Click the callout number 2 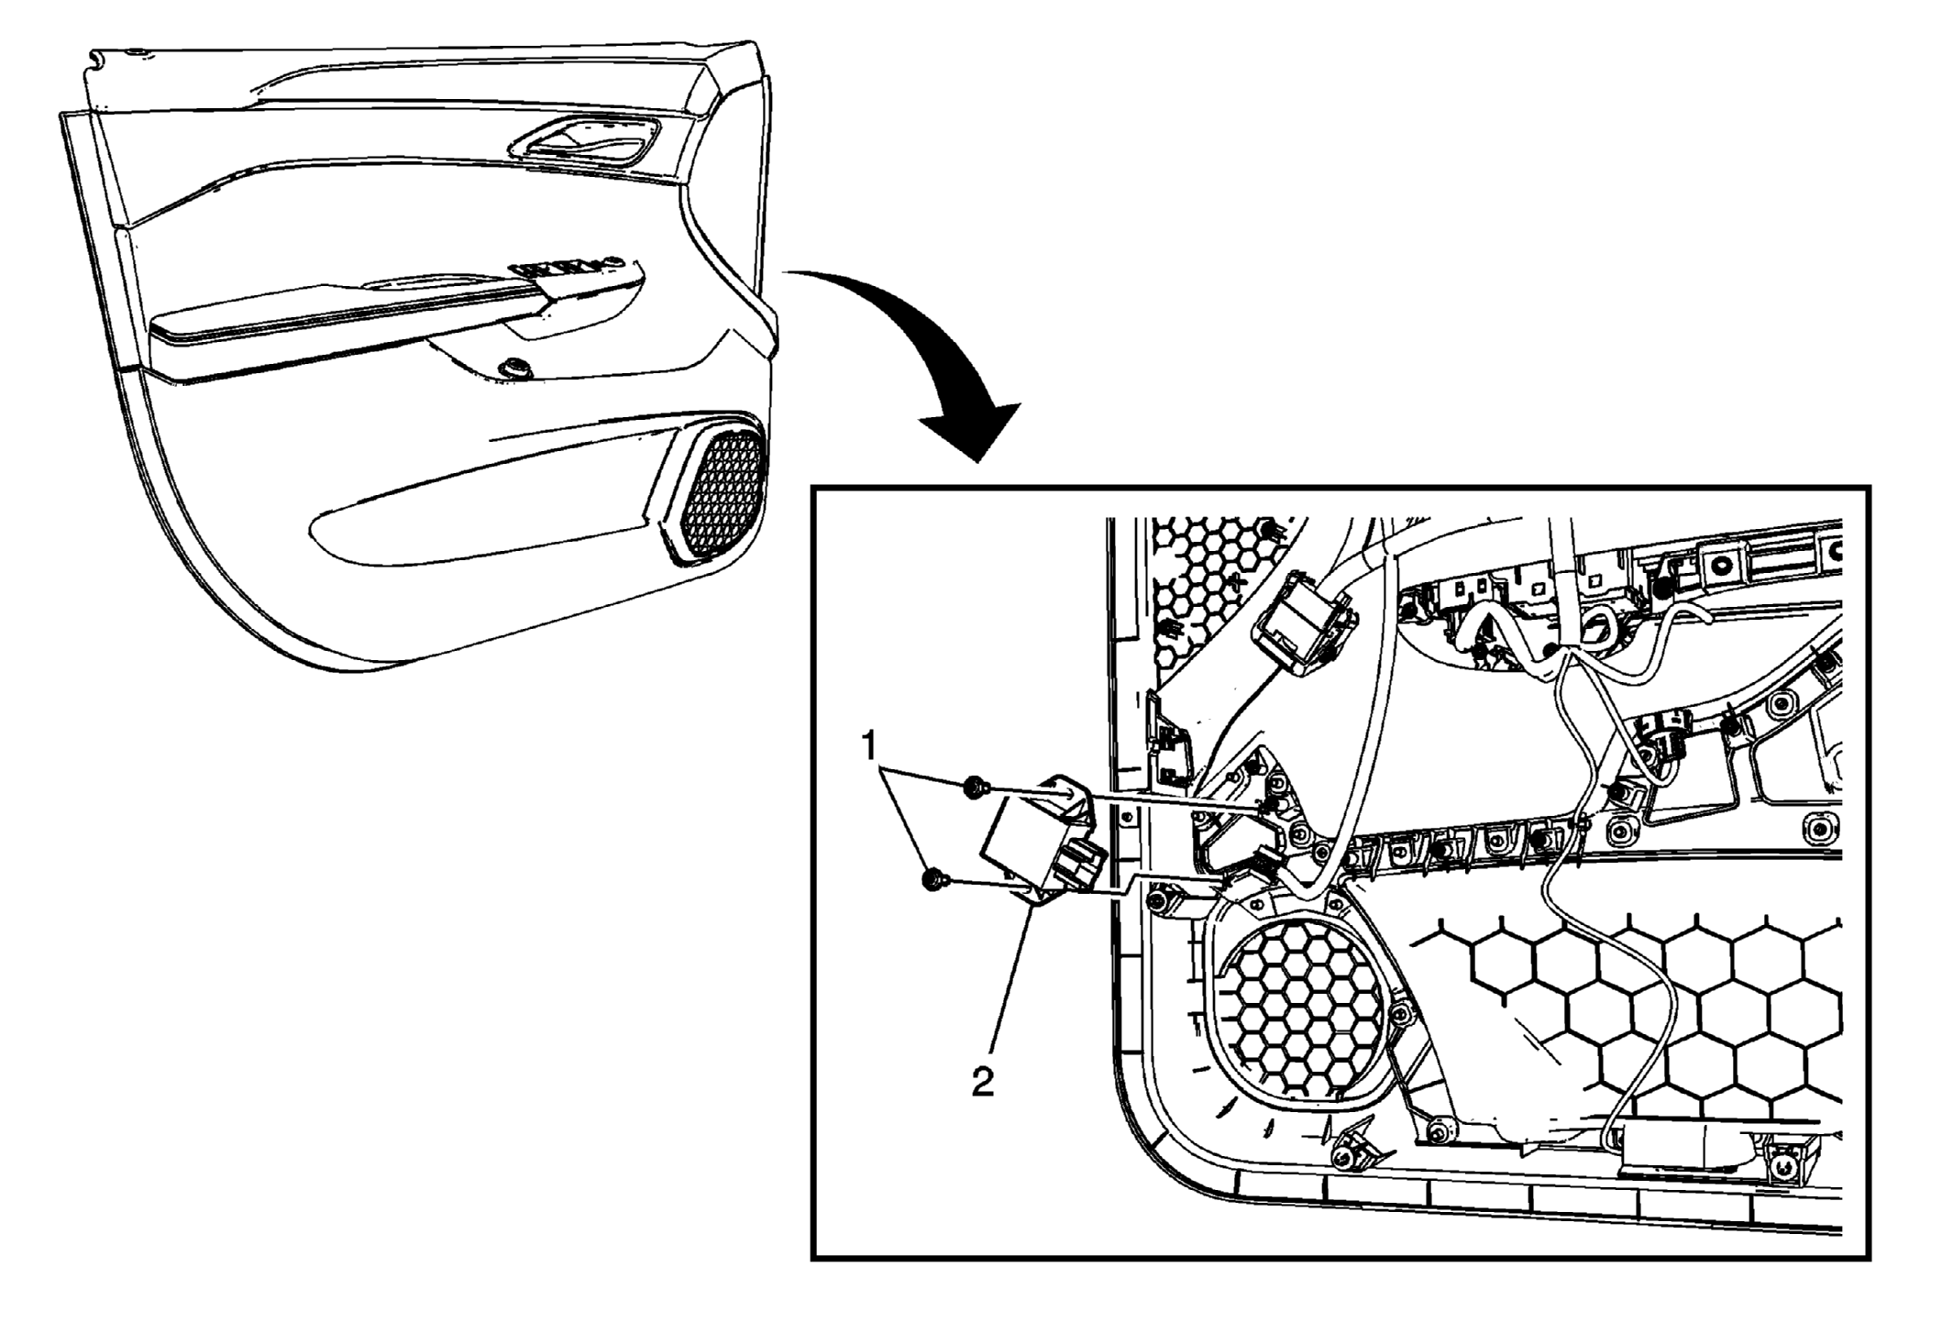tap(982, 1083)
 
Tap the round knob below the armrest tap(513, 369)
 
